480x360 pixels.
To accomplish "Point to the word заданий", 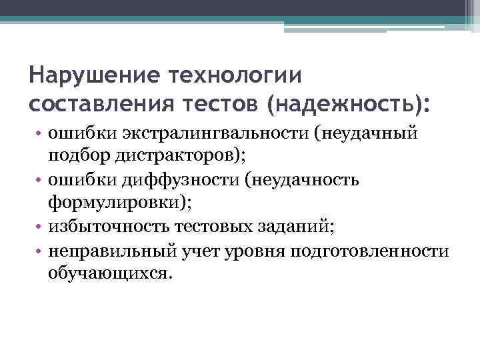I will (293, 226).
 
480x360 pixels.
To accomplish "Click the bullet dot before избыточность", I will (41, 227).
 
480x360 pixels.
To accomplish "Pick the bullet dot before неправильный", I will (41, 250).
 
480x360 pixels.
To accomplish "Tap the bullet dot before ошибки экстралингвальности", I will (41, 133).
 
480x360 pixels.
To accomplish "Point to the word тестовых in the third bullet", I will (213, 226).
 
